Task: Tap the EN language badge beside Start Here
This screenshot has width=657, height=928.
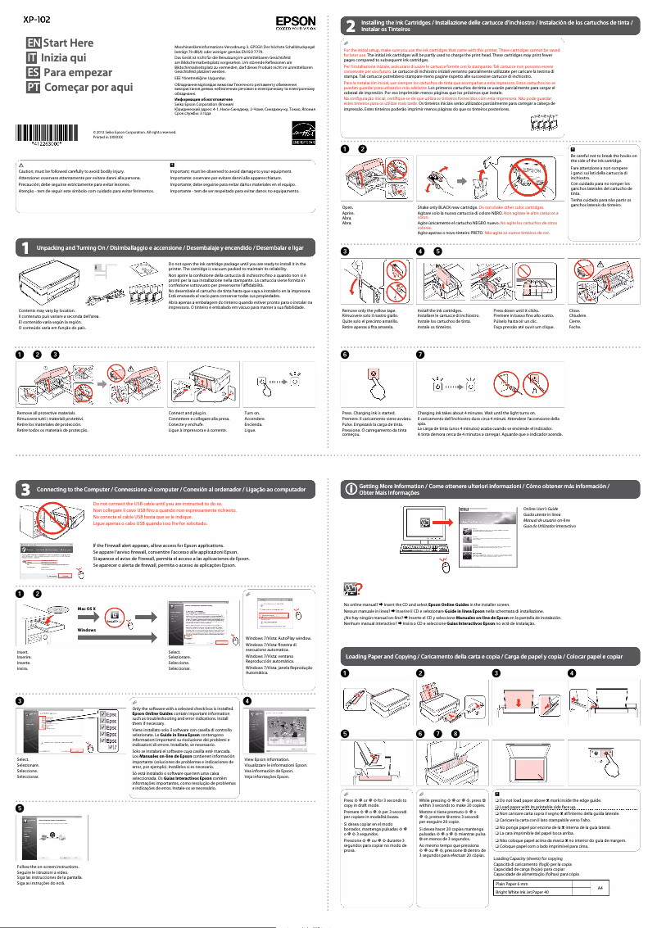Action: coord(33,42)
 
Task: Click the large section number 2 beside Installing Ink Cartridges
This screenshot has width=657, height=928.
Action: coord(351,26)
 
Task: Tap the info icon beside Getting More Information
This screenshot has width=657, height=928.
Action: coord(351,489)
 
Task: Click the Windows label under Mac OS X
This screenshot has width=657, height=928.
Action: coord(87,630)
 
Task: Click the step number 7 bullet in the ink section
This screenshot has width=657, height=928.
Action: coord(420,355)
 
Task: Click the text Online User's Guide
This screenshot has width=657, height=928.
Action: coord(541,509)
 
